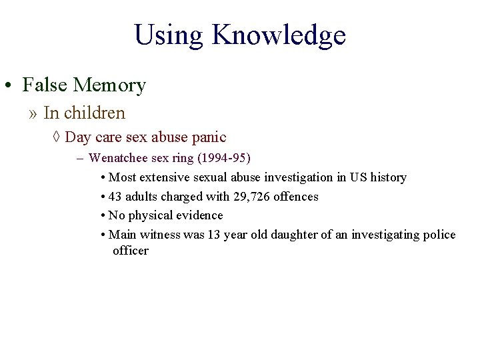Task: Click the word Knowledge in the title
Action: point(279,35)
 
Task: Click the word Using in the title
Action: point(169,35)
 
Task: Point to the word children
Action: point(93,113)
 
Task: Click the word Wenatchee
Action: point(117,158)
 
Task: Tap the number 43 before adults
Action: point(115,197)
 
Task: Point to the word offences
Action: point(296,197)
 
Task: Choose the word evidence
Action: point(199,215)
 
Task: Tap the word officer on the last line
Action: point(131,251)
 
